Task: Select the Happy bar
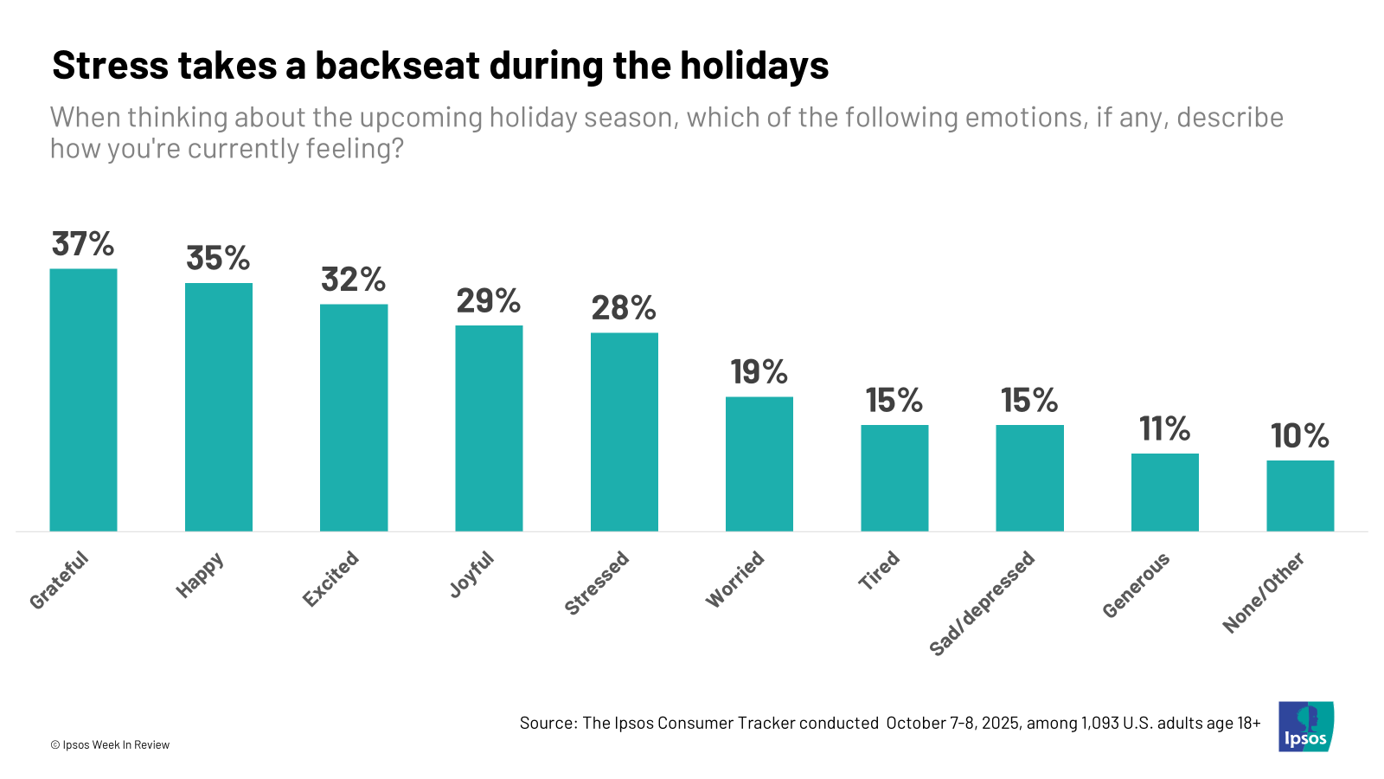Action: click(219, 407)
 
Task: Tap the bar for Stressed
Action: click(624, 432)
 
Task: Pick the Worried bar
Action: click(759, 464)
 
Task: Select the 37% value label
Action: click(83, 244)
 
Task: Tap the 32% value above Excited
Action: click(353, 280)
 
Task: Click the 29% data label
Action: click(489, 301)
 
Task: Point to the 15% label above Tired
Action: click(894, 401)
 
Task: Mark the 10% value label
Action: click(1300, 436)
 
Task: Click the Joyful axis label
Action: click(471, 575)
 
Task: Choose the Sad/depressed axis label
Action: click(982, 603)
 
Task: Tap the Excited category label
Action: click(330, 578)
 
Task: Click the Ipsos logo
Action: click(1305, 726)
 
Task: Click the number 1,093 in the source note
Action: click(1099, 723)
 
